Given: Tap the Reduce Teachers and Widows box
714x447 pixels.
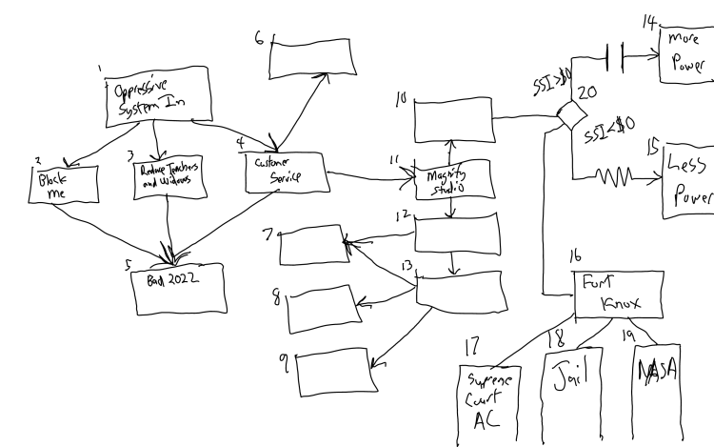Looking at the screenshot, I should (x=168, y=178).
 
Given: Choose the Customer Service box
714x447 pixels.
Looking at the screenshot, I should (x=283, y=171).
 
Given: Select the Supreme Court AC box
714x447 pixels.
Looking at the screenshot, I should (x=490, y=400).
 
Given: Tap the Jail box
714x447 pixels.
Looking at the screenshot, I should (x=573, y=396).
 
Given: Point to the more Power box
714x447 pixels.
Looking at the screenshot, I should (x=685, y=55).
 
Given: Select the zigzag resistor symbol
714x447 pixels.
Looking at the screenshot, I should (x=615, y=175).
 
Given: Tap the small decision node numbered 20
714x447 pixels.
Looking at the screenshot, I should (x=572, y=116).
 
